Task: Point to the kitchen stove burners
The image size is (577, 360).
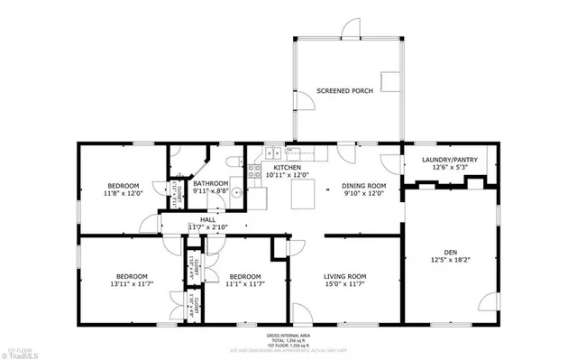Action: pyautogui.click(x=255, y=169)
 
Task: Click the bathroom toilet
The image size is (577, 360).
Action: pyautogui.click(x=234, y=161)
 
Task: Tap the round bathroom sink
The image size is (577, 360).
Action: pyautogui.click(x=236, y=191)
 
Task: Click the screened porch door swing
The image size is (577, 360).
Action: pyautogui.click(x=306, y=102)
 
